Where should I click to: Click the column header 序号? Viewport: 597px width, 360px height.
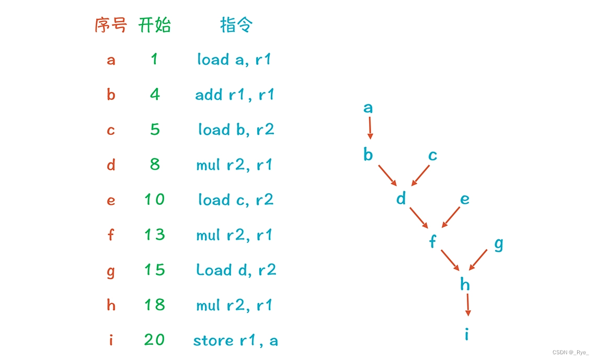111,25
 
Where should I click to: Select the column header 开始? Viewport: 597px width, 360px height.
155,25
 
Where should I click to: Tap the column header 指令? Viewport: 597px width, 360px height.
236,25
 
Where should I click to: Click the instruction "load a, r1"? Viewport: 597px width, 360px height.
234,60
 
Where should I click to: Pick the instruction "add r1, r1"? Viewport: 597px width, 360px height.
235,95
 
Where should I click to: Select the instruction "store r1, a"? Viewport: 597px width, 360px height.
235,341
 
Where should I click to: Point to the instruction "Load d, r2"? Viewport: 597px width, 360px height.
236,270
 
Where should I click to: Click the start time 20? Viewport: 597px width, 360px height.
155,340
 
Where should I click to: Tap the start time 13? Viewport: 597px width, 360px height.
155,235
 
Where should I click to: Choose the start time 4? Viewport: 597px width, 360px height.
155,95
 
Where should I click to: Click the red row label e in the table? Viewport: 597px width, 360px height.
111,201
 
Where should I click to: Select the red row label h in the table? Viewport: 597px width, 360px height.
111,305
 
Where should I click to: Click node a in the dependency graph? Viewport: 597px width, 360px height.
368,108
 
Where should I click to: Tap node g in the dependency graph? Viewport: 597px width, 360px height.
499,243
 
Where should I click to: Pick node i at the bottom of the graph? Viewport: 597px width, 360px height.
467,333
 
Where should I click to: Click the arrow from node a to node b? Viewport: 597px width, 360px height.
370,128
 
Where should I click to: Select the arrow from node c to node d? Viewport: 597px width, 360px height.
420,176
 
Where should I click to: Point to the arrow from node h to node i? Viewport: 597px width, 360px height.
467,305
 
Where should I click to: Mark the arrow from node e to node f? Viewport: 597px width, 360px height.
451,217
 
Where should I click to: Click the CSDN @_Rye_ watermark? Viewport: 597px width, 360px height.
570,352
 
